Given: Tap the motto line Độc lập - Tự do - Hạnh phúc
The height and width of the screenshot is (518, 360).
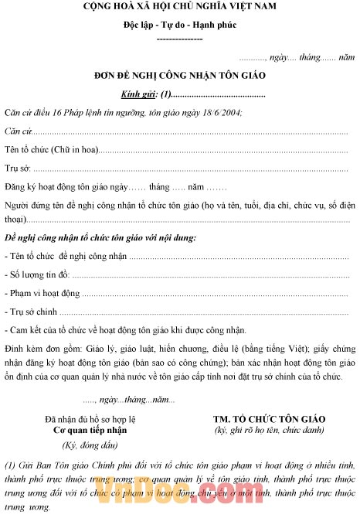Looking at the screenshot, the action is click(x=180, y=25).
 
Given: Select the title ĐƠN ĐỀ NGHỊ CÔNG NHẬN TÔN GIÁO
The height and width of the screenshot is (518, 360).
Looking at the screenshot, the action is click(x=179, y=76).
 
